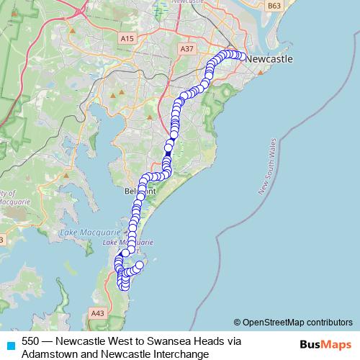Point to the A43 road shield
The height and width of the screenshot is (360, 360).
(96, 313)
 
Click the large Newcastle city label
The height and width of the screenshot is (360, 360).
(269, 59)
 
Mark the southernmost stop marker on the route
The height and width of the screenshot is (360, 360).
(125, 287)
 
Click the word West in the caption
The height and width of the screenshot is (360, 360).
(117, 341)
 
